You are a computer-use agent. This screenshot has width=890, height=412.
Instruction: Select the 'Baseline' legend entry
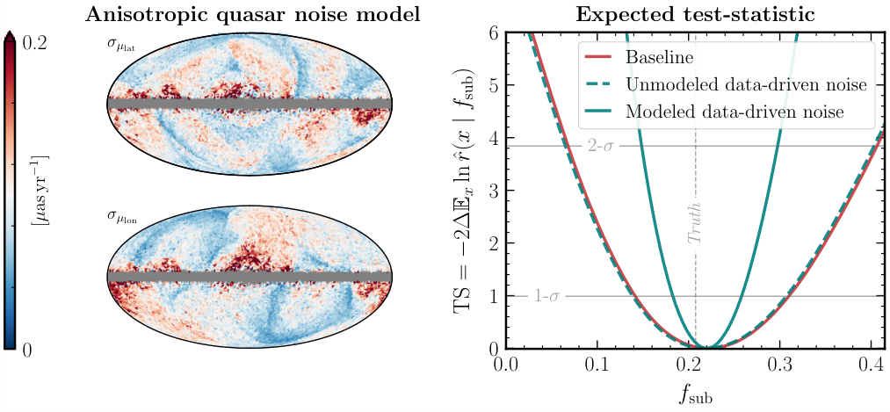(x=658, y=57)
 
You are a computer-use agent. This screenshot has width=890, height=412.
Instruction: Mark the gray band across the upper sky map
(x=248, y=104)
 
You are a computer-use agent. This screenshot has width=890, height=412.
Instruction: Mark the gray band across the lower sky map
(x=248, y=276)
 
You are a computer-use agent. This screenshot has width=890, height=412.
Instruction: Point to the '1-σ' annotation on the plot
(x=546, y=296)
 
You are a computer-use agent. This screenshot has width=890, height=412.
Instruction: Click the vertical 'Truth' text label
(x=695, y=224)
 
